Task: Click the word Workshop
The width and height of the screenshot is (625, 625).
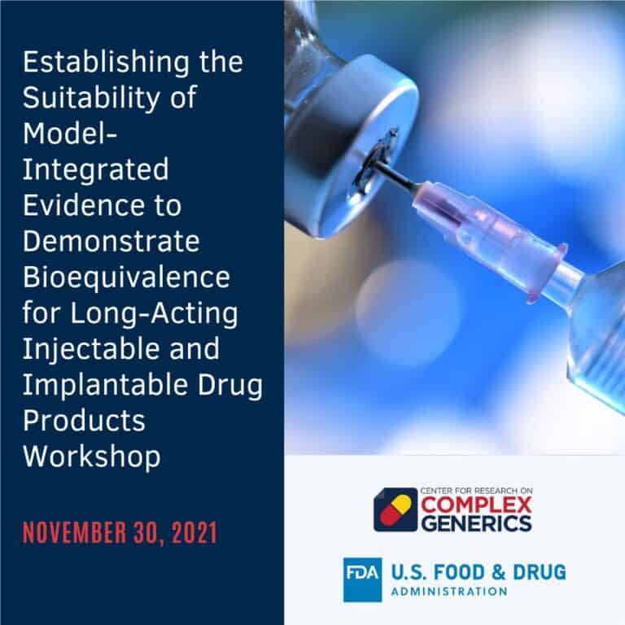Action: pyautogui.click(x=91, y=456)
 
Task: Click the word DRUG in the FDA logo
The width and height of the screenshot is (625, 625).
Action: pyautogui.click(x=536, y=572)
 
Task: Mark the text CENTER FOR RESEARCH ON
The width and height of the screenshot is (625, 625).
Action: pyautogui.click(x=468, y=492)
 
